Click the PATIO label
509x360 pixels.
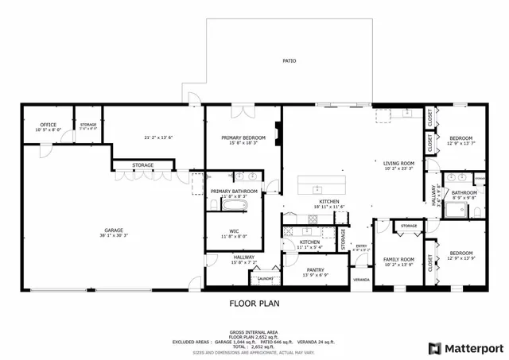(289, 60)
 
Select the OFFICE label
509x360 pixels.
(48, 125)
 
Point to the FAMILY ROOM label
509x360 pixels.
(398, 260)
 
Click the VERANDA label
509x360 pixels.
(362, 280)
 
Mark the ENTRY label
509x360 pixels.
(361, 246)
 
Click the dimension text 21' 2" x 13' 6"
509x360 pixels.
(158, 137)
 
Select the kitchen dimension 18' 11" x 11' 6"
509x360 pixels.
(329, 207)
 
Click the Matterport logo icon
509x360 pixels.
(434, 347)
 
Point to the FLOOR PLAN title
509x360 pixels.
(254, 303)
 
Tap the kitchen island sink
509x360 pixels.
(317, 188)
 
